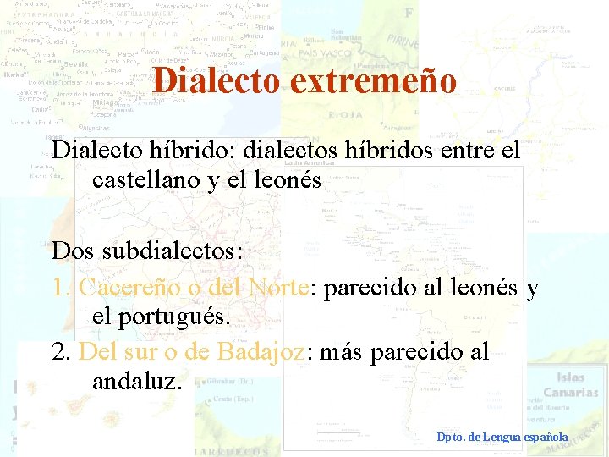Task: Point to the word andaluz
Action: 136,381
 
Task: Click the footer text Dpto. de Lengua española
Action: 502,437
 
